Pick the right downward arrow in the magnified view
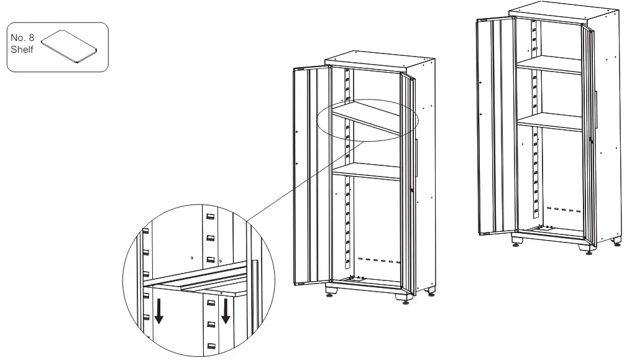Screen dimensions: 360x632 (x=226, y=311)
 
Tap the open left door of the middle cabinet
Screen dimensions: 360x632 (x=309, y=174)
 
